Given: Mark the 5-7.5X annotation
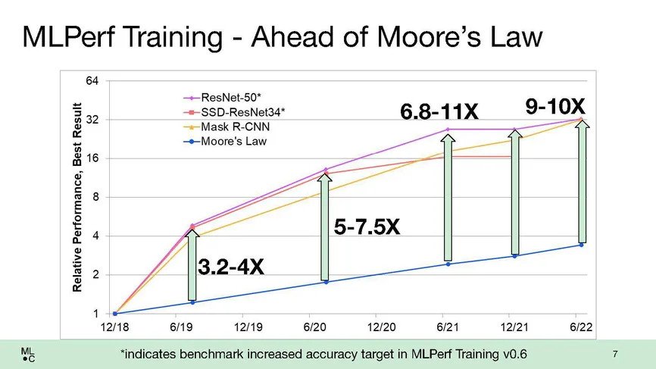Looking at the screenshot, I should coord(367,227).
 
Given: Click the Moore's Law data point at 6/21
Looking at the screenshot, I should coord(448,264).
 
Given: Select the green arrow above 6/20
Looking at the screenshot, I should coord(325,227).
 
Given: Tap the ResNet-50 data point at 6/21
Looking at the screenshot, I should coord(448,130).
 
